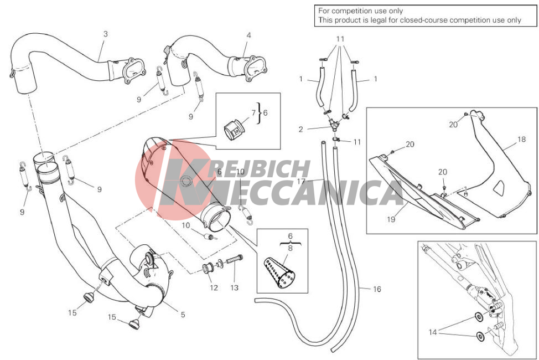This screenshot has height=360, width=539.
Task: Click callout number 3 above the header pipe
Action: [x=106, y=34]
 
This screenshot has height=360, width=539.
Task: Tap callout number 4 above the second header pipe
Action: [x=248, y=35]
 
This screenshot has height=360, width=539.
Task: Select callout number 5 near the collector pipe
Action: [x=183, y=314]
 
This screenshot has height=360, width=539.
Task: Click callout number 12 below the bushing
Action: [x=214, y=288]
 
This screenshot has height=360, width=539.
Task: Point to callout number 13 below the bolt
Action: [x=235, y=288]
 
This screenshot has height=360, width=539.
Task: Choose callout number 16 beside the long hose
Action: [x=377, y=289]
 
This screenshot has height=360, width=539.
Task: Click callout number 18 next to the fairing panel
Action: [x=521, y=140]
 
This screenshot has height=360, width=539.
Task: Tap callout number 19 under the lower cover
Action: [x=391, y=219]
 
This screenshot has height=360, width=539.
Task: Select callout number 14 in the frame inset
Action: [x=433, y=332]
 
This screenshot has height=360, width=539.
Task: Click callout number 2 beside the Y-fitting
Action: [x=301, y=130]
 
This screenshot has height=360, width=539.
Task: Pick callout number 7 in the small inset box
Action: [x=253, y=112]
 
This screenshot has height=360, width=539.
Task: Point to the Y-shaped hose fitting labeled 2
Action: [x=334, y=124]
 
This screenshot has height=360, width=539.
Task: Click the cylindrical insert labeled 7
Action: [x=234, y=130]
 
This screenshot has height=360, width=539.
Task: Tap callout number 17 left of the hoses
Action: [x=301, y=181]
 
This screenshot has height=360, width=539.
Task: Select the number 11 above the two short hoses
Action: [x=340, y=39]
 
